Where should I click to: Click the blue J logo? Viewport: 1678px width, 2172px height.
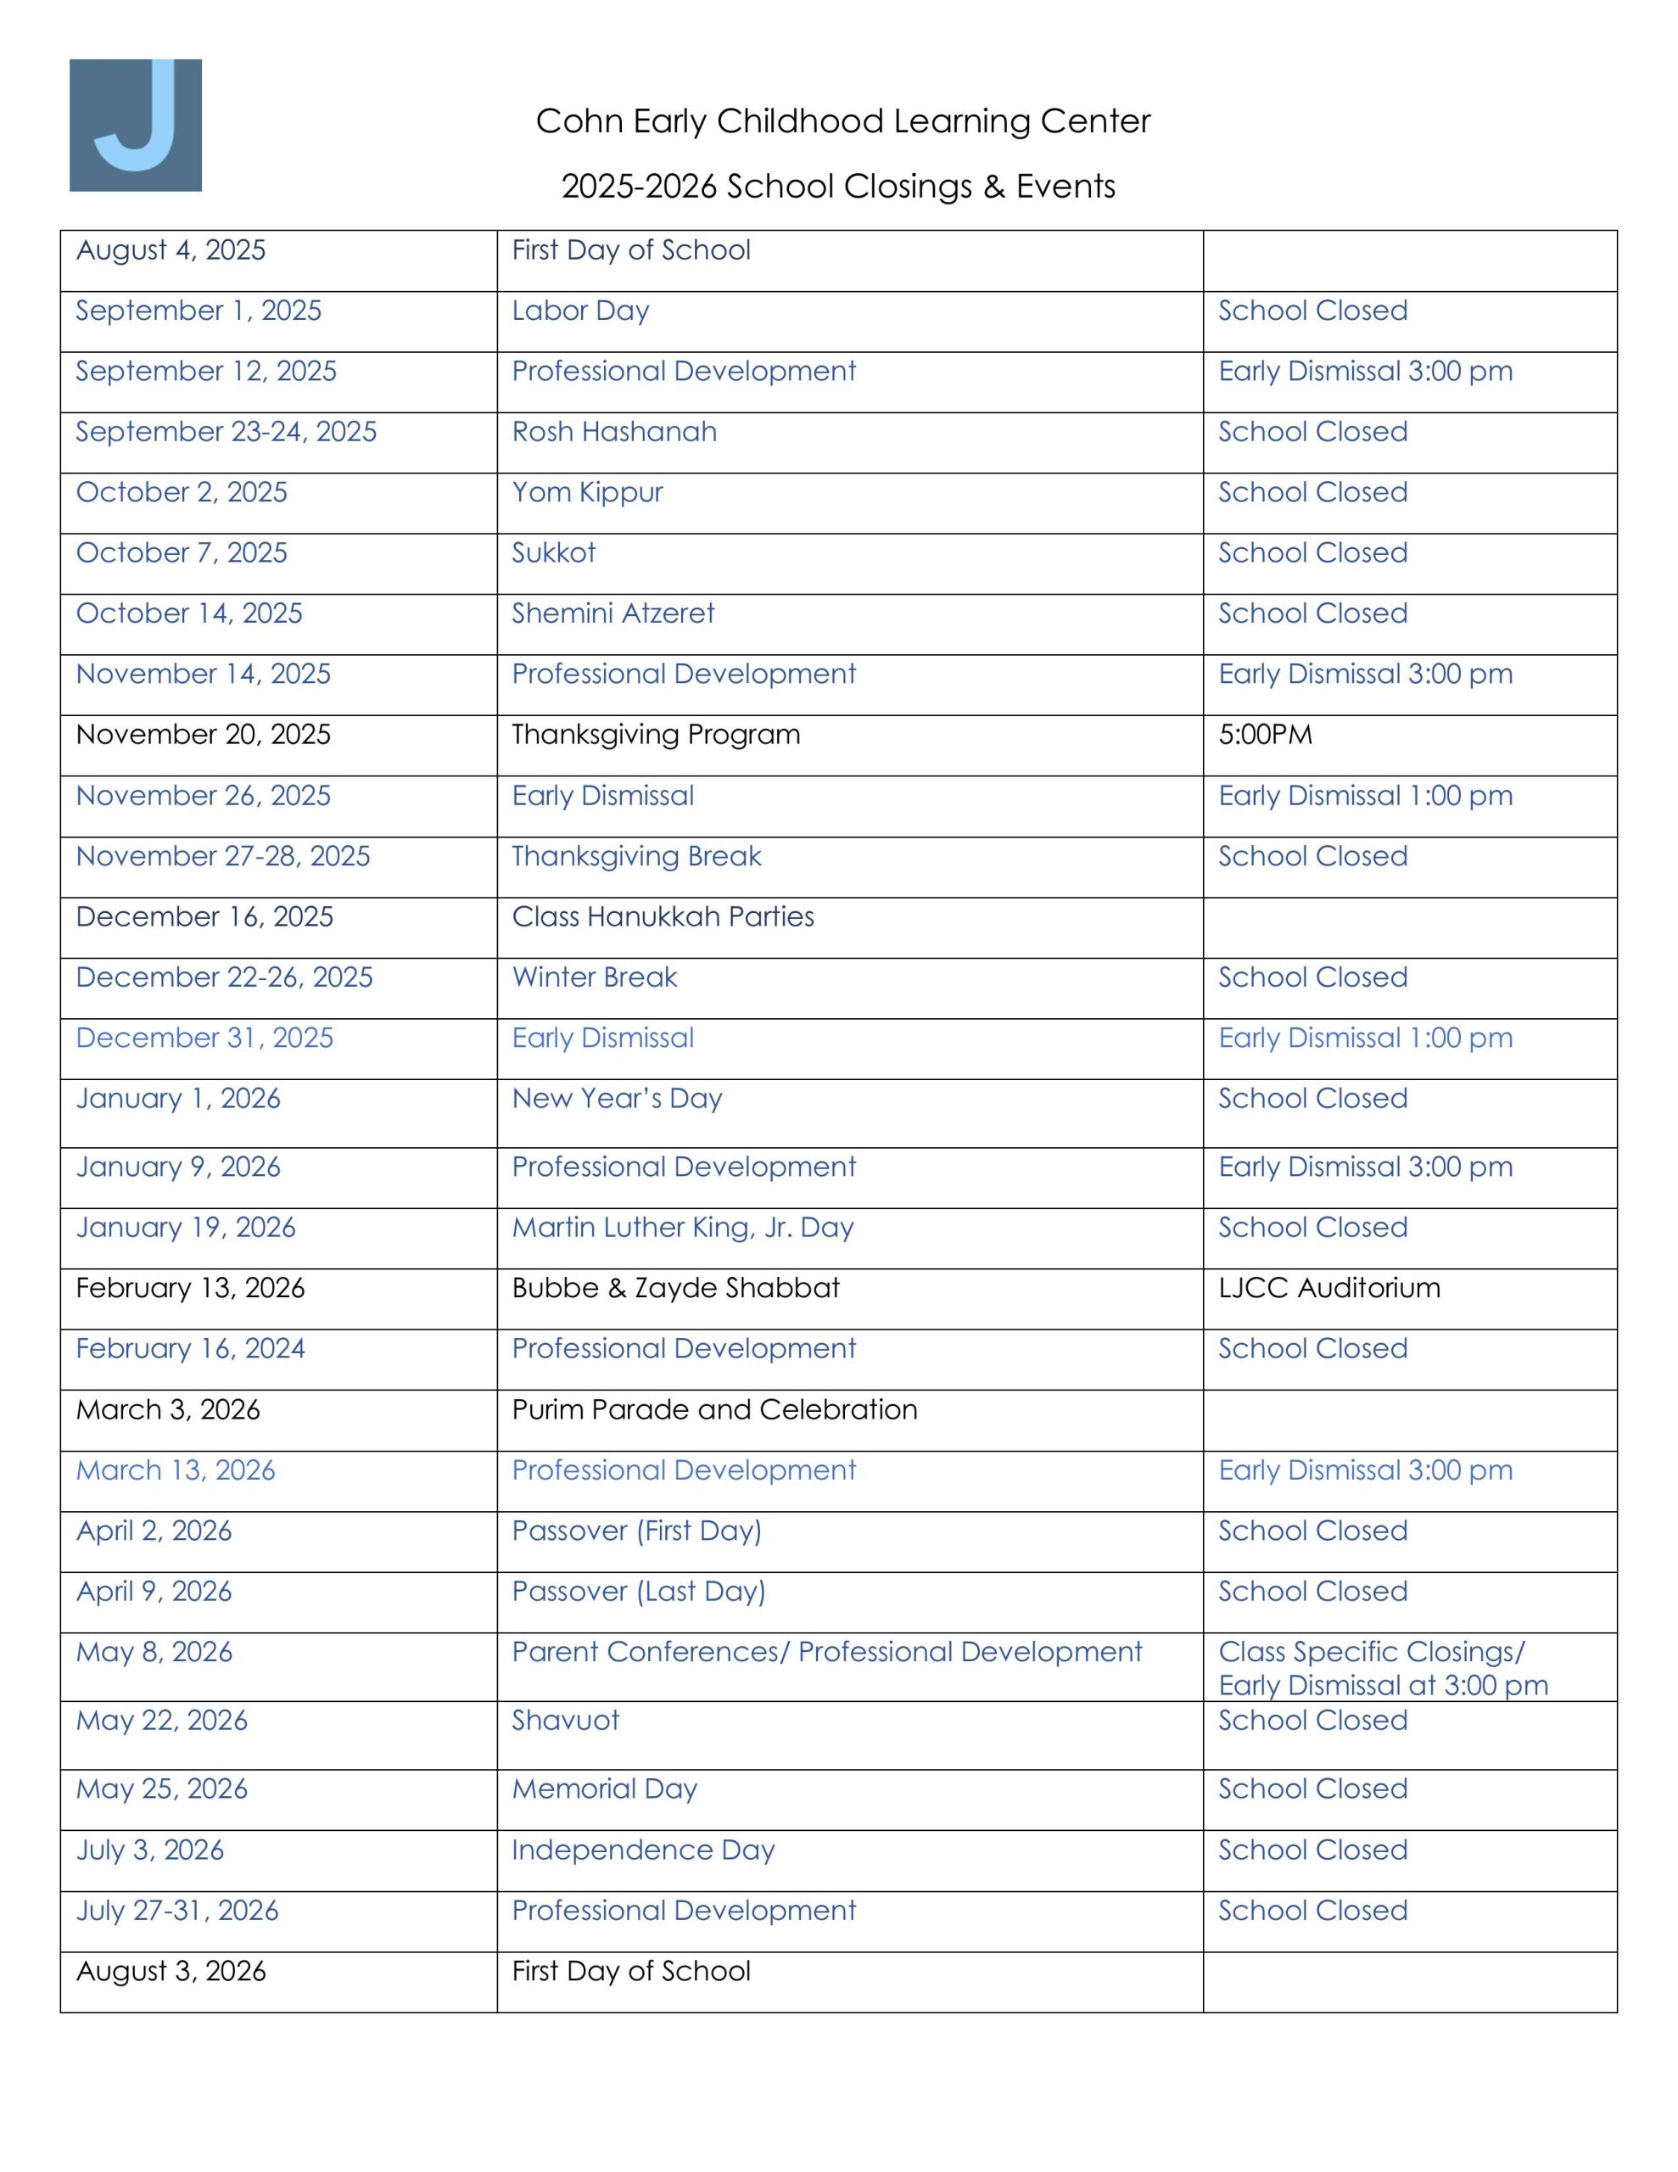[135, 125]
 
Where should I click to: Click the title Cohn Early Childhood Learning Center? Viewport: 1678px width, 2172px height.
[842, 121]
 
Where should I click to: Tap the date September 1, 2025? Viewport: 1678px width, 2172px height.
[199, 311]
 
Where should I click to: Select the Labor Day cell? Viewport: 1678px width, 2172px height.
[580, 311]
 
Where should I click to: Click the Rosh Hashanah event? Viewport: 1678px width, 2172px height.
[613, 432]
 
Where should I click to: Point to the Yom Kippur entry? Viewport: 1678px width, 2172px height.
[587, 492]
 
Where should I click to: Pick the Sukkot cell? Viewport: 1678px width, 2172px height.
[553, 553]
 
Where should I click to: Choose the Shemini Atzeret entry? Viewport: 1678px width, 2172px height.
[612, 613]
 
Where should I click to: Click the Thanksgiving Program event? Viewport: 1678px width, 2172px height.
[656, 735]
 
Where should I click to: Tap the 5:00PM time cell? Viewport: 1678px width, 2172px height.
[1265, 735]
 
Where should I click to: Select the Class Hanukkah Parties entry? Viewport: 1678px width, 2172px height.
[663, 917]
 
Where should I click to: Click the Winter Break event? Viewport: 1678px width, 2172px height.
[594, 977]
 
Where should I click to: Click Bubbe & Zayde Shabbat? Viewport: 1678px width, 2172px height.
[675, 1288]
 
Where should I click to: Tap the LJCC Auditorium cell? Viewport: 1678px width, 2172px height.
[1328, 1288]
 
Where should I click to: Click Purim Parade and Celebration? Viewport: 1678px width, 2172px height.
[714, 1410]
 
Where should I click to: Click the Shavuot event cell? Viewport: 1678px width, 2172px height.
[565, 1721]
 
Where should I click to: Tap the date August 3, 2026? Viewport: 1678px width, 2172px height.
[171, 1971]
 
